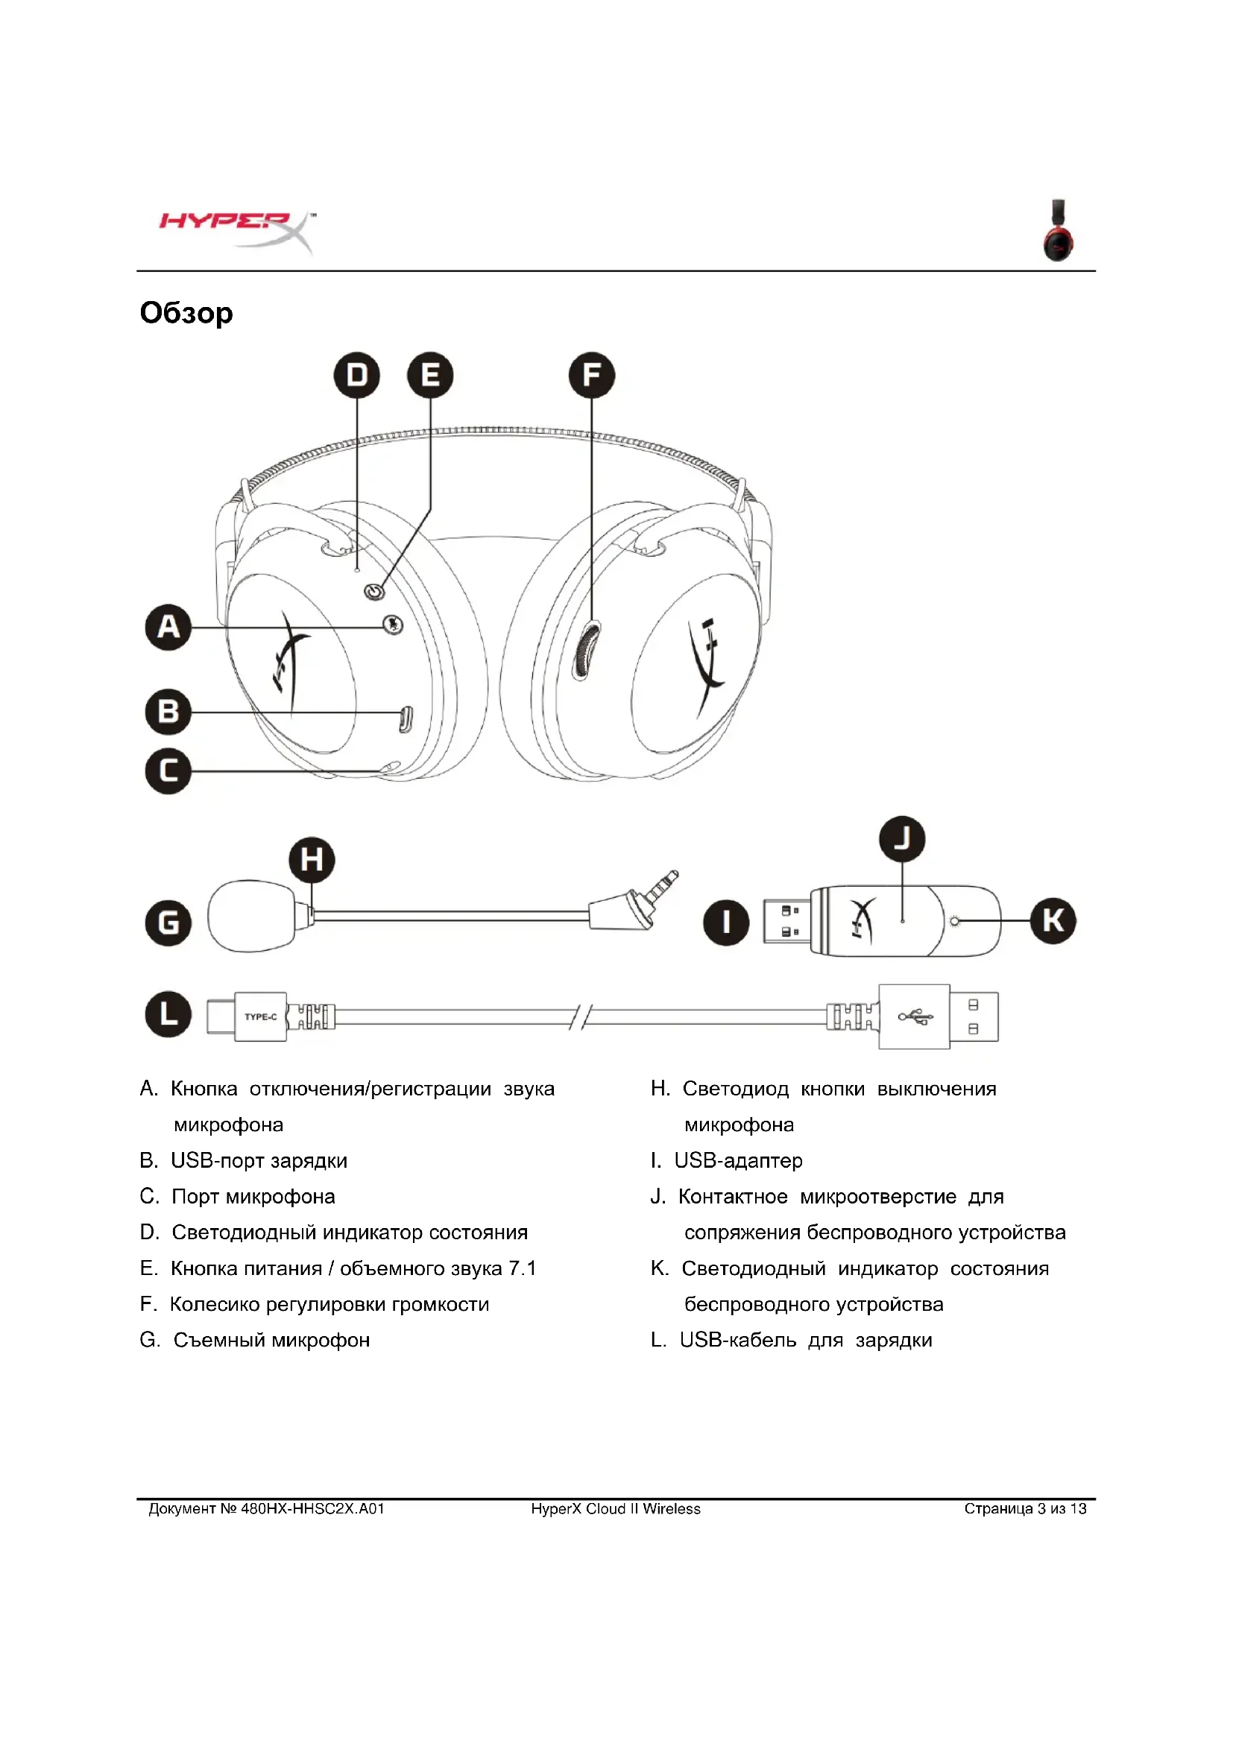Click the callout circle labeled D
pyautogui.click(x=357, y=375)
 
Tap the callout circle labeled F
pyautogui.click(x=591, y=375)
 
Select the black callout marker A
pyautogui.click(x=168, y=627)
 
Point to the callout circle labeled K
pyautogui.click(x=1053, y=920)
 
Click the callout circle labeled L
pyautogui.click(x=168, y=1014)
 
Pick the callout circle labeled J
pyautogui.click(x=902, y=839)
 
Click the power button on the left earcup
pyautogui.click(x=373, y=591)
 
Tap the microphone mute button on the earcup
pyautogui.click(x=393, y=624)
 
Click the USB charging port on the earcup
pyautogui.click(x=406, y=718)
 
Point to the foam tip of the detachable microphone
pyautogui.click(x=250, y=916)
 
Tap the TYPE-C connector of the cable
pyautogui.click(x=259, y=1016)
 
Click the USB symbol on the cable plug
pyautogui.click(x=915, y=1016)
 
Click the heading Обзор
pyautogui.click(x=186, y=313)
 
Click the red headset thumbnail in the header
pyautogui.click(x=1058, y=232)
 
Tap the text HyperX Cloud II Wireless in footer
pyautogui.click(x=616, y=1508)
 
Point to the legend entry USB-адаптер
pyautogui.click(x=737, y=1160)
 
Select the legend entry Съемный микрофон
pyautogui.click(x=271, y=1340)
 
